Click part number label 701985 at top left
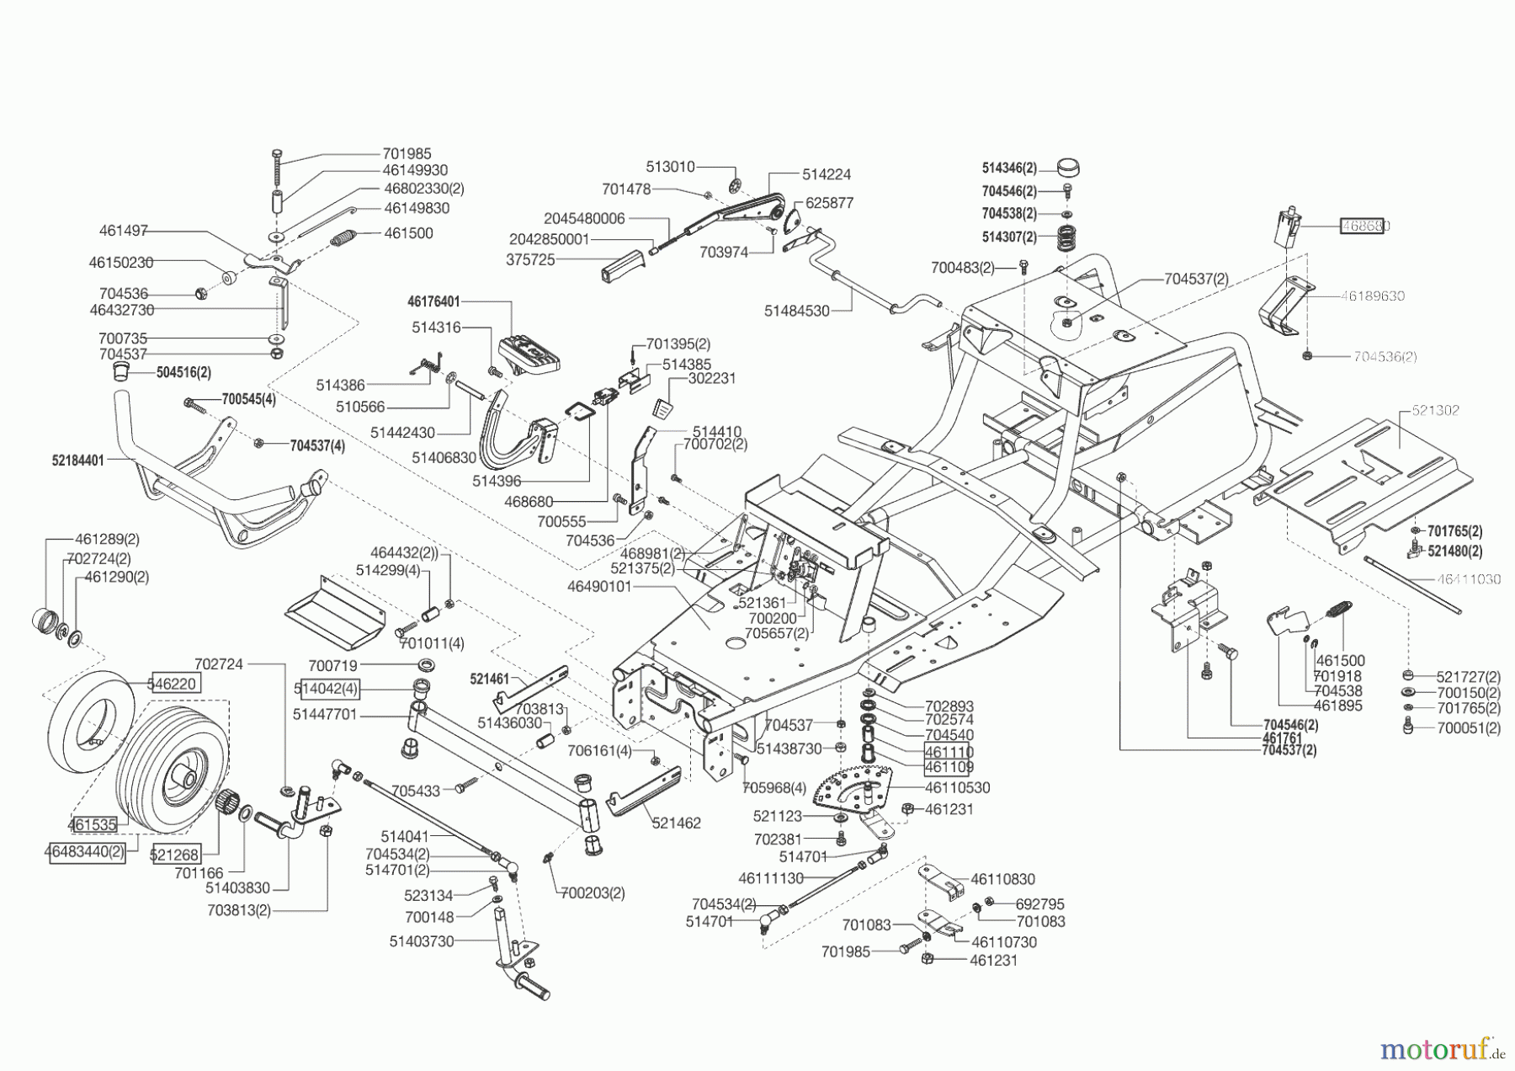(407, 154)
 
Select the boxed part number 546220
(175, 684)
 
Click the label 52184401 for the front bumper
(77, 461)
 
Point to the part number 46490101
(599, 586)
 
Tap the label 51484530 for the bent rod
(796, 311)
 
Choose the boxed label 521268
(174, 855)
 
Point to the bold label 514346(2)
(1009, 168)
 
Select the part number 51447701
(326, 714)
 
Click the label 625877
(829, 203)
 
